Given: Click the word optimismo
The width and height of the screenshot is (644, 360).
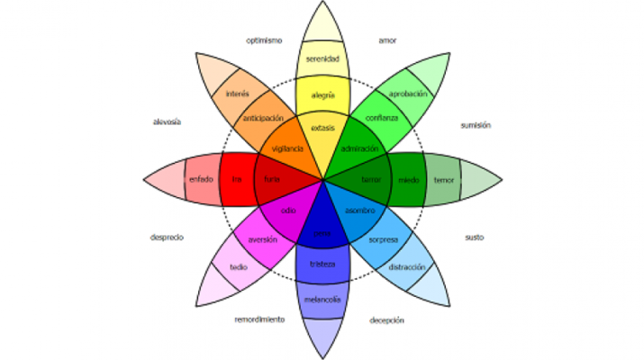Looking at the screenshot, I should tap(264, 40).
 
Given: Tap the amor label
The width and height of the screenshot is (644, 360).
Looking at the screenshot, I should tap(387, 40).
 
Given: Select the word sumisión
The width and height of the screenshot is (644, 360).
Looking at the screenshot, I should tap(475, 125).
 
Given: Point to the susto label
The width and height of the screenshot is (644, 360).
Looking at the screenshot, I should tap(474, 238).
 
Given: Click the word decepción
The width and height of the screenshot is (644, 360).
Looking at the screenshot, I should tap(386, 319).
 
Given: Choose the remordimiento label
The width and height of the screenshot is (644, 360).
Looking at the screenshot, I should tap(259, 319).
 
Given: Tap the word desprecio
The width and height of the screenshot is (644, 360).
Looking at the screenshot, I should tap(167, 238).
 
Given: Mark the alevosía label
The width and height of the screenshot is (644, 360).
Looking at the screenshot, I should tap(168, 121).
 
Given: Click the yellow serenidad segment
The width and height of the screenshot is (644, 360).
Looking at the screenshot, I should tap(322, 60).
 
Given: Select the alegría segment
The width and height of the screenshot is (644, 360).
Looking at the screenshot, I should tap(322, 94).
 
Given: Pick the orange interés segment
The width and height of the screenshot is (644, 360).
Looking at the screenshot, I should tap(238, 94).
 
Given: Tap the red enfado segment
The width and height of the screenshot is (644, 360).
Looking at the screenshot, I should tap(201, 179).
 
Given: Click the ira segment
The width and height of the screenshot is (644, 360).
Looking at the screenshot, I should tap(237, 179).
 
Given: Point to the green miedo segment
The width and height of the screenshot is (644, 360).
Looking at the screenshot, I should tap(409, 179).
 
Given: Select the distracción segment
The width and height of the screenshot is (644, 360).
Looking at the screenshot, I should tap(407, 267).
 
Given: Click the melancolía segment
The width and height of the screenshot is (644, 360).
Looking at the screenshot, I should tap(322, 299).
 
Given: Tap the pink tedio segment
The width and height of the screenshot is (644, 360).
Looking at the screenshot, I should tap(239, 267).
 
